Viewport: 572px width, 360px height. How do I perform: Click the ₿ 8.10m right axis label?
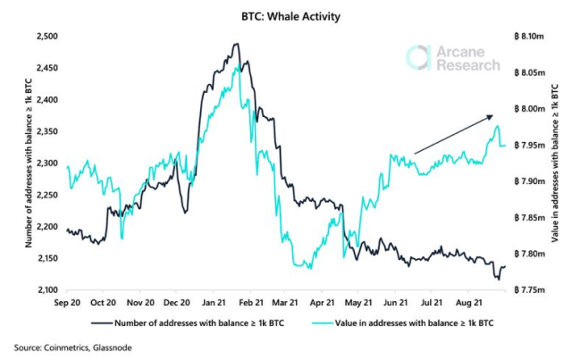tap(530, 37)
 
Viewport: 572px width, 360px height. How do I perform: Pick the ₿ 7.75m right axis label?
tap(530, 290)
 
